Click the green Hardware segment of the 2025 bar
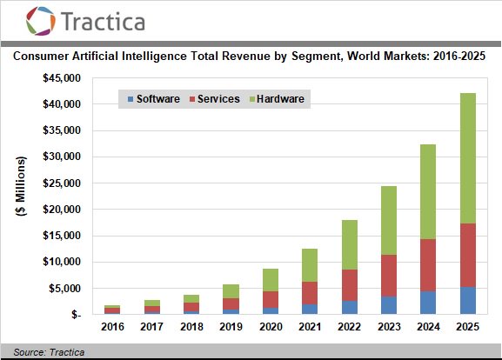[x=468, y=158]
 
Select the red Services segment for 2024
[x=428, y=265]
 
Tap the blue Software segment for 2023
[x=389, y=305]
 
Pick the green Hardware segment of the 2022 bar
[x=349, y=245]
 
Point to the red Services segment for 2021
[x=310, y=293]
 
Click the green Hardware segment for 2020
[x=271, y=280]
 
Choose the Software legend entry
[x=154, y=99]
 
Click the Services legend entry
[x=215, y=99]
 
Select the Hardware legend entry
[x=277, y=99]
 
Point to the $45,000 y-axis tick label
[x=62, y=78]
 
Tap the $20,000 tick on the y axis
[x=62, y=210]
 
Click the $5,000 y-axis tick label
[x=64, y=289]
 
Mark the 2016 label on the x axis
[x=112, y=327]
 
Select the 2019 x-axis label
[x=231, y=327]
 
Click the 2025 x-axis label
[x=468, y=327]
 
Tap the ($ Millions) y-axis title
[x=21, y=186]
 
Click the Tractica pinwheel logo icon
[x=41, y=21]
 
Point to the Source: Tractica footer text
[x=49, y=352]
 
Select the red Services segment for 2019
[x=231, y=304]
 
